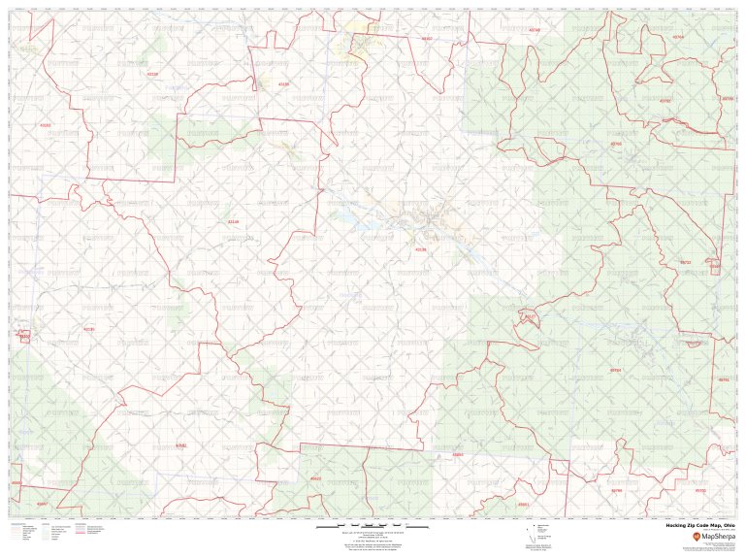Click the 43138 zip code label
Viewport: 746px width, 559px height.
point(420,250)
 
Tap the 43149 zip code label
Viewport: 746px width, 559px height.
point(231,222)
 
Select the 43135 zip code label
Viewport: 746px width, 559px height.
point(89,329)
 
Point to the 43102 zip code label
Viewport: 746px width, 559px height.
point(44,125)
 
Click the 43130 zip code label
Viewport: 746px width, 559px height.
point(150,74)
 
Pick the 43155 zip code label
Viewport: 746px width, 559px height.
point(283,84)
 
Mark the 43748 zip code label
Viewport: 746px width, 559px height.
point(534,30)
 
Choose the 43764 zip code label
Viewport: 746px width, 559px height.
point(678,37)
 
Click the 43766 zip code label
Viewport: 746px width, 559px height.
point(616,144)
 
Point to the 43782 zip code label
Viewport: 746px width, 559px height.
point(665,100)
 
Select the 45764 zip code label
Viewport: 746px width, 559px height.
point(615,370)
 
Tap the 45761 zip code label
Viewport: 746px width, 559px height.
point(723,379)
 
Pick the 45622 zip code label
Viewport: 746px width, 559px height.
point(315,478)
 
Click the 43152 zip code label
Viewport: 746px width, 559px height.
point(25,337)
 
